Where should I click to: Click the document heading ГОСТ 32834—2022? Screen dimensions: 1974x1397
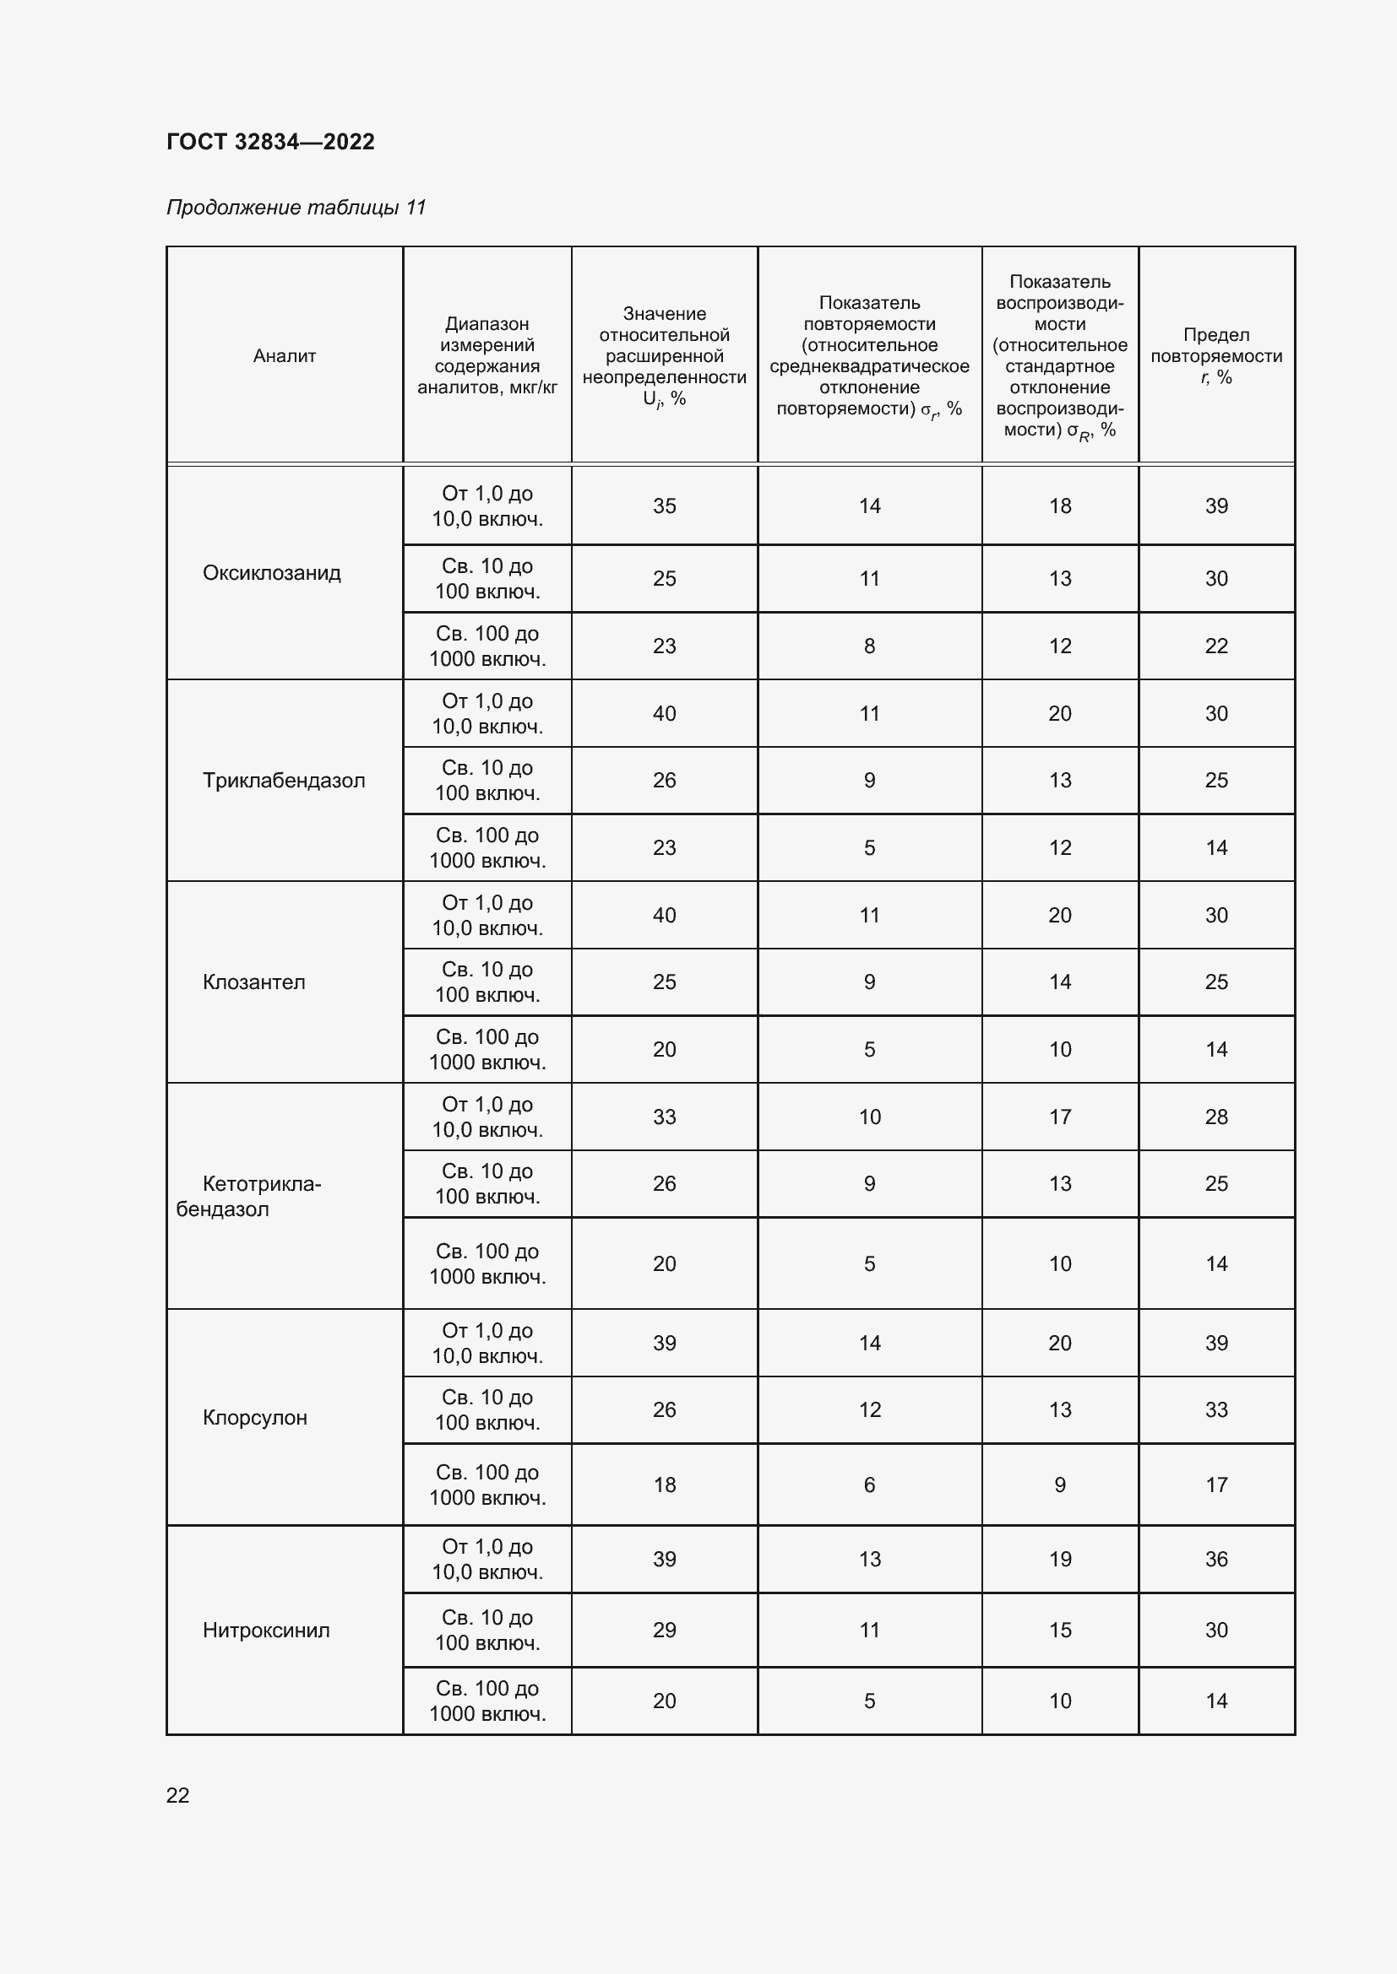pos(270,142)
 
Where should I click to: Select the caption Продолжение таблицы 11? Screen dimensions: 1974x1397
pos(296,208)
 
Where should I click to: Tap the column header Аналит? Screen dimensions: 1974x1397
pos(285,356)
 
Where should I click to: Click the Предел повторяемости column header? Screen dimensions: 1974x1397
pos(1215,356)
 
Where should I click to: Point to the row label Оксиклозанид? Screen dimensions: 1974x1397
pos(272,572)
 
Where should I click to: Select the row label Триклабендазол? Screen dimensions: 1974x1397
pos(284,781)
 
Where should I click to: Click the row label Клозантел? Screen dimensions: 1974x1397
pos(253,982)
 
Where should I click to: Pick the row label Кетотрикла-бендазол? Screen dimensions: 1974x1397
pos(249,1196)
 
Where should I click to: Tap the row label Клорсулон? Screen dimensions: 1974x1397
pos(254,1418)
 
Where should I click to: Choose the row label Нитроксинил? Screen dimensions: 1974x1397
pos(266,1631)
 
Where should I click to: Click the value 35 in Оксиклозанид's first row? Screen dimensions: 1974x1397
pos(664,506)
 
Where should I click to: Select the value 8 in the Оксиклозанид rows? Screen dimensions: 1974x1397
pos(869,646)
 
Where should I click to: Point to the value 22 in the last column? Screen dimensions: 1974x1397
pos(1215,646)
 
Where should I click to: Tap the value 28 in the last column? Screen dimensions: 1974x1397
pos(1215,1117)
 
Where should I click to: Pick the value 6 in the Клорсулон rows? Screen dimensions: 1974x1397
pos(869,1485)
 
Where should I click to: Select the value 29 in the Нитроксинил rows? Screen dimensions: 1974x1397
pos(664,1631)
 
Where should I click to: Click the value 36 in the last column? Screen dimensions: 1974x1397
pos(1215,1559)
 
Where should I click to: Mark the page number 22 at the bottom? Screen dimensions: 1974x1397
pos(178,1795)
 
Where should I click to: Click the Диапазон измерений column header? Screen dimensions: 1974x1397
pos(487,356)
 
